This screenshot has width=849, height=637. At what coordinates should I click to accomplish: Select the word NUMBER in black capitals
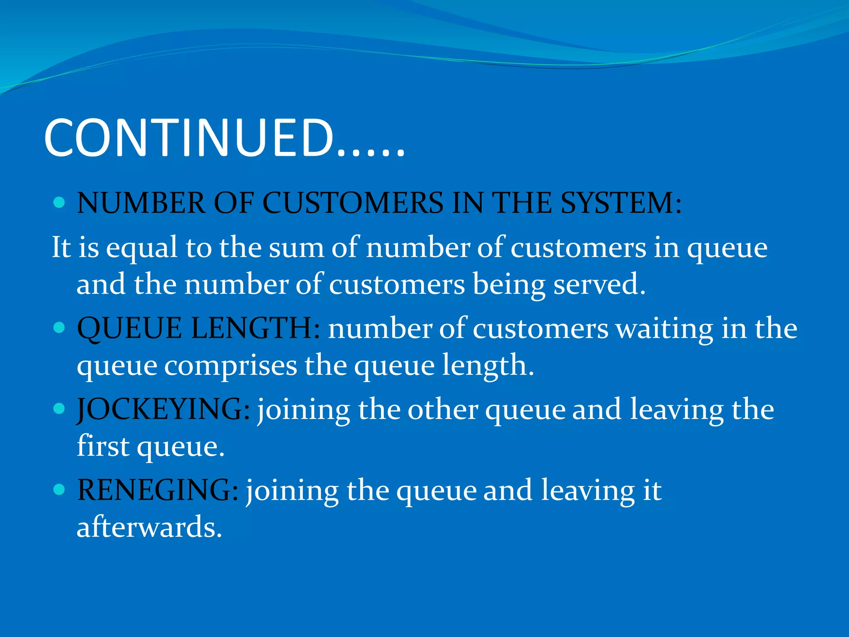pyautogui.click(x=141, y=203)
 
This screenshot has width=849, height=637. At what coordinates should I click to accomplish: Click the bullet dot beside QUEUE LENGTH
pyautogui.click(x=59, y=328)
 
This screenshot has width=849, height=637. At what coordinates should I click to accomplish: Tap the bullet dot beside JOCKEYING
pyautogui.click(x=59, y=409)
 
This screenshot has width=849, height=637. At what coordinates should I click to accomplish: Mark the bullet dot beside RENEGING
pyautogui.click(x=59, y=490)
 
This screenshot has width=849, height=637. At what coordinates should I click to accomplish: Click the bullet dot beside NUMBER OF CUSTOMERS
pyautogui.click(x=59, y=203)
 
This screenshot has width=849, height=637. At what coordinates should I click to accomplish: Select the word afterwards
pyautogui.click(x=149, y=528)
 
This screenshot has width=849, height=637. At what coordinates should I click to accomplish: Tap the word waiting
pyautogui.click(x=664, y=328)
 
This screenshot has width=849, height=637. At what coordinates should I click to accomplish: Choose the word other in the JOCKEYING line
pyautogui.click(x=443, y=410)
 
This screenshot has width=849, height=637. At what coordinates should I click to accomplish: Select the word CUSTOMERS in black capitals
pyautogui.click(x=353, y=203)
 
